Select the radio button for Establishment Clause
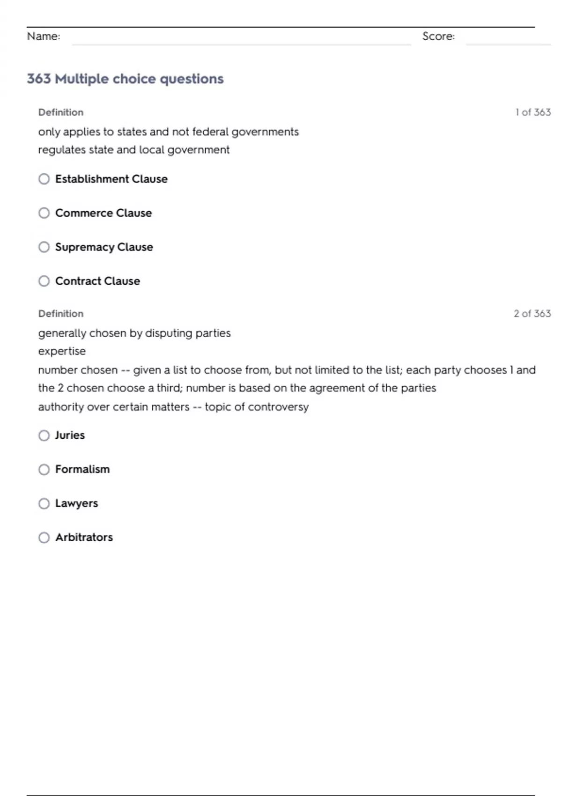coord(44,179)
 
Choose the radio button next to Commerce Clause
coord(44,213)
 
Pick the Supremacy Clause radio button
coord(44,247)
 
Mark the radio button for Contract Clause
coord(44,281)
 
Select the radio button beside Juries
coord(44,435)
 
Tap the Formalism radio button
coord(44,469)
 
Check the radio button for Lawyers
coord(44,503)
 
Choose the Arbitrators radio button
coord(44,538)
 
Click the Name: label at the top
coord(44,37)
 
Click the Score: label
coord(438,37)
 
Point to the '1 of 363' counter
coord(533,112)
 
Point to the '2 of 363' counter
coord(532,314)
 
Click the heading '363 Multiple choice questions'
coord(125,79)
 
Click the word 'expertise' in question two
coord(62,351)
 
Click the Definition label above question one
coord(61,112)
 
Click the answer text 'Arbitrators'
coord(84,538)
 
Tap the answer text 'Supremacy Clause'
coord(104,247)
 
